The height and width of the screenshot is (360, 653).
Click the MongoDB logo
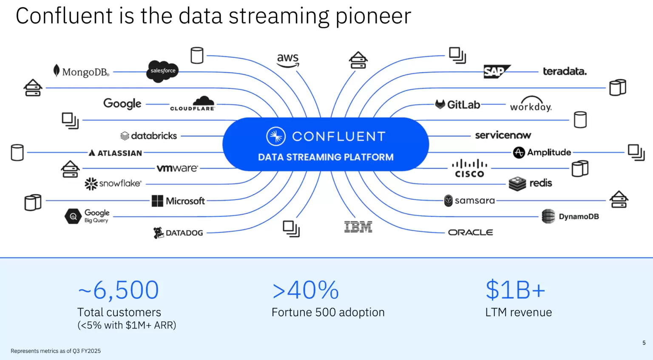click(x=81, y=71)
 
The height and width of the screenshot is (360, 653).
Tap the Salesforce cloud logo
click(x=162, y=71)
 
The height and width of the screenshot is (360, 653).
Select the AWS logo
click(x=288, y=60)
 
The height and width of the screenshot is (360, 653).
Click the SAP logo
click(x=496, y=71)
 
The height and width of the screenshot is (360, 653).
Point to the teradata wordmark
click(x=565, y=71)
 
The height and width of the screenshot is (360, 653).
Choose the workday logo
click(x=531, y=105)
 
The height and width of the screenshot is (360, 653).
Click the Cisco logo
click(x=469, y=168)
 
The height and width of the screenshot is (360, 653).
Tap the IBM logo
click(x=358, y=227)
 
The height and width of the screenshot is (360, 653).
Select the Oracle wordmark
click(x=471, y=232)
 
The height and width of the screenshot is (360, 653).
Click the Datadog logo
click(x=178, y=232)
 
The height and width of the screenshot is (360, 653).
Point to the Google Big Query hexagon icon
click(x=73, y=216)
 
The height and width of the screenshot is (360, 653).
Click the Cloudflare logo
click(x=193, y=104)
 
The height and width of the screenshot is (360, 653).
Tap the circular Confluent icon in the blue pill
click(x=275, y=136)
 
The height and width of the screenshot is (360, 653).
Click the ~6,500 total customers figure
click(x=119, y=290)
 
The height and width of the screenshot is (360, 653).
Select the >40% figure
click(x=306, y=290)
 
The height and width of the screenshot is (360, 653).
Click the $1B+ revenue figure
click(x=515, y=290)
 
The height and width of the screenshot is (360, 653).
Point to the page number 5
click(x=644, y=343)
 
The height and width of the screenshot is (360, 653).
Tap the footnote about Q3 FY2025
click(x=56, y=351)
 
